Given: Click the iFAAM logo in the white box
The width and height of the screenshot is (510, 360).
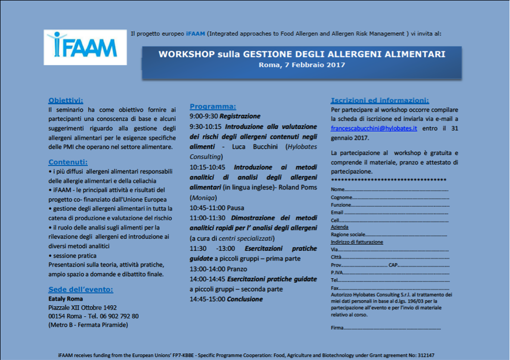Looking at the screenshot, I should click(x=85, y=47).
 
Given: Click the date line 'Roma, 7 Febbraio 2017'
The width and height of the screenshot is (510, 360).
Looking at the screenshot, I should click(x=302, y=65).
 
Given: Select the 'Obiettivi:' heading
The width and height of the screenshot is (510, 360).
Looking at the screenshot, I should click(x=66, y=100).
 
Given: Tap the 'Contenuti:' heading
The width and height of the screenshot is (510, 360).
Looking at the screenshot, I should click(x=68, y=162).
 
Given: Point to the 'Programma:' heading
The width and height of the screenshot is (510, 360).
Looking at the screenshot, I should click(x=212, y=106).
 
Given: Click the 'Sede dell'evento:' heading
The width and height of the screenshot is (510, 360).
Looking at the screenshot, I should click(x=81, y=289).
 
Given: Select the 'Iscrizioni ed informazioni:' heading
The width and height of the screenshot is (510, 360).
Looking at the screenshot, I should click(x=379, y=100).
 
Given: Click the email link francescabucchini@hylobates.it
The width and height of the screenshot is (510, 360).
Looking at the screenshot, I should click(x=373, y=128).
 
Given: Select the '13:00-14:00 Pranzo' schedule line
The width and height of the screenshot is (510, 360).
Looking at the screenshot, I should click(x=218, y=269).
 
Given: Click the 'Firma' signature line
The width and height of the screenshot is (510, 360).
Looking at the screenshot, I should click(x=386, y=328).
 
